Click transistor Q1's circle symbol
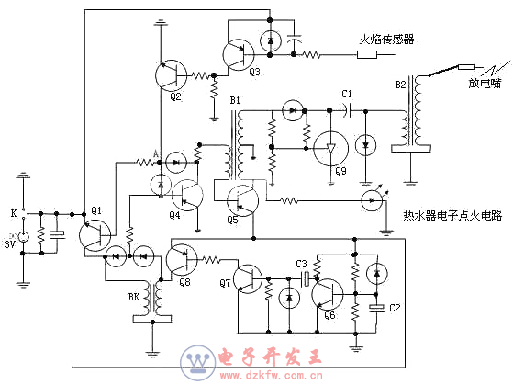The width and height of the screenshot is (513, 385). click(x=95, y=235)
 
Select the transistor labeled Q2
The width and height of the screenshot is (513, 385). click(x=171, y=75)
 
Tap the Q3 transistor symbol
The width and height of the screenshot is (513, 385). click(x=239, y=55)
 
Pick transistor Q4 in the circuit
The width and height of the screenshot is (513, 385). click(x=187, y=196)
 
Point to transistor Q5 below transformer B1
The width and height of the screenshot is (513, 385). click(x=243, y=200)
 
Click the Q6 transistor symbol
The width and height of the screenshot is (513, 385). click(x=328, y=295)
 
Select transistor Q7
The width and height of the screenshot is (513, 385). click(x=248, y=278)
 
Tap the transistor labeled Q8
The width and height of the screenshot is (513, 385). click(x=182, y=259)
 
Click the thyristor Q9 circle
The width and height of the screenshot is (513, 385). click(x=330, y=149)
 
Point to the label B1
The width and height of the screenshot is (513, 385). click(x=235, y=100)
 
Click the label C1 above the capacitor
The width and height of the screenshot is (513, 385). click(x=347, y=94)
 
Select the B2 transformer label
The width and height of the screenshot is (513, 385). click(x=400, y=85)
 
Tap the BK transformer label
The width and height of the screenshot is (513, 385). click(x=134, y=297)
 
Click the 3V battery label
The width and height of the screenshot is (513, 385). click(x=10, y=244)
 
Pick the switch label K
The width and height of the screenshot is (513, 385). click(x=14, y=213)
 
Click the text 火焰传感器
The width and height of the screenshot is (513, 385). click(x=386, y=40)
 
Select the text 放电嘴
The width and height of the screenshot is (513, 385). click(x=485, y=83)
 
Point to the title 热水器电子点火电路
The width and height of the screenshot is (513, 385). click(x=452, y=215)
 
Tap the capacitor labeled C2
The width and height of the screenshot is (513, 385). click(x=377, y=308)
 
